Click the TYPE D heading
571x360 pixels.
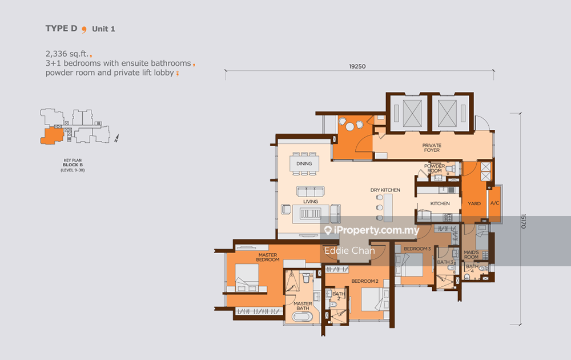tap(61, 29)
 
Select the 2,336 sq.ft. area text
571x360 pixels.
tap(67, 54)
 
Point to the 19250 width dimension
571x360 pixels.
tap(357, 66)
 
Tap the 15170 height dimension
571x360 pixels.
tap(523, 221)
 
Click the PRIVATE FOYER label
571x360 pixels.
tap(432, 147)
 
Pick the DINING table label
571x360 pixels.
tap(304, 163)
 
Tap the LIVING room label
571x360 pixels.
tap(311, 202)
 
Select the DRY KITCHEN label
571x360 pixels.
tap(385, 190)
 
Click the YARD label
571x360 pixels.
tap(474, 203)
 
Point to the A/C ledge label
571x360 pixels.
tap(494, 203)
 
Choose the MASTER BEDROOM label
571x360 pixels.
tap(268, 257)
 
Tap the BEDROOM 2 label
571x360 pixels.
tap(365, 281)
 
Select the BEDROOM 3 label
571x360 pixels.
tap(417, 249)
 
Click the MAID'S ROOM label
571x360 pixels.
tap(471, 255)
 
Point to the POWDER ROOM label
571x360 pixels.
tap(435, 168)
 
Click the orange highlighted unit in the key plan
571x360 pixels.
tap(52, 135)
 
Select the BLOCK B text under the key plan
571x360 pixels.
tap(73, 165)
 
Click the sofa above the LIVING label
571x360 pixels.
tap(310, 191)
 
